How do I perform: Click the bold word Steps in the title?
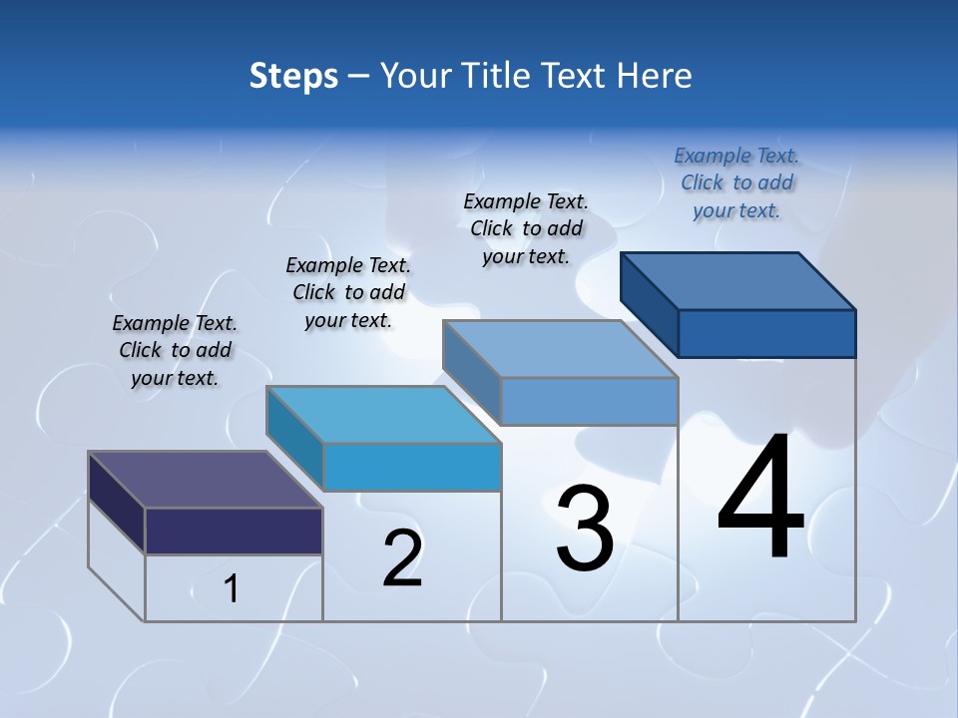pos(293,76)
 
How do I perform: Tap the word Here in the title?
pos(655,76)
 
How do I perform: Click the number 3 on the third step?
pos(585,529)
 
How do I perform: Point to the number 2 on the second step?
pos(403,558)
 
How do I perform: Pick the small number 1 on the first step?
pos(232,589)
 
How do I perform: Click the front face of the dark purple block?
pos(234,531)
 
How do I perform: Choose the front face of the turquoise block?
pos(411,467)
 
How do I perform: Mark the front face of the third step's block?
pos(589,401)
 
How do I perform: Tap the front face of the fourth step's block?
pos(766,333)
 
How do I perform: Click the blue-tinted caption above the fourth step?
pos(736,182)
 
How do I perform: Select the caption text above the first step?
pos(175,350)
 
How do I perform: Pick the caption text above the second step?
pos(348,292)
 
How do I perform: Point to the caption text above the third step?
pos(526,228)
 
